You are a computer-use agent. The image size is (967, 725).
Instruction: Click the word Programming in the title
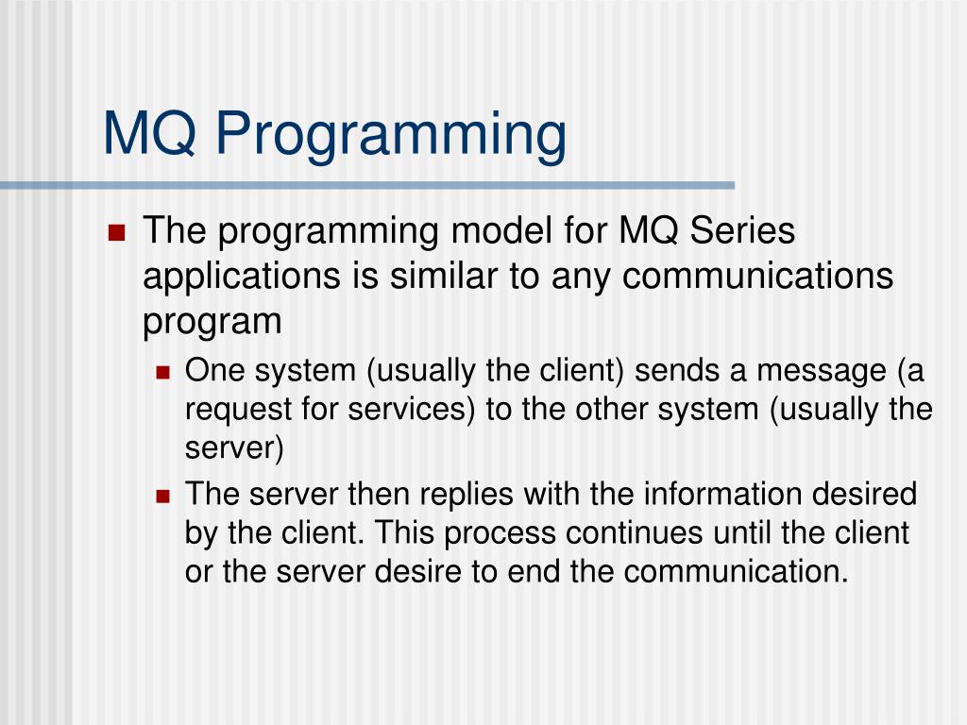point(390,135)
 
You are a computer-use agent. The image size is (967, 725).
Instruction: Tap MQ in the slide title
point(150,133)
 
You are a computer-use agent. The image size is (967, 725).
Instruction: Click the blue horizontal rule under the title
point(367,185)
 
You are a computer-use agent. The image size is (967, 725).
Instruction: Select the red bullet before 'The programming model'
point(116,232)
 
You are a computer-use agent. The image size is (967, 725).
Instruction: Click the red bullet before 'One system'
point(162,372)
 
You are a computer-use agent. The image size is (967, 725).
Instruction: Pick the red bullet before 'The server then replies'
point(162,496)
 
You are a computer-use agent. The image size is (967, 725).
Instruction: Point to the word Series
point(742,230)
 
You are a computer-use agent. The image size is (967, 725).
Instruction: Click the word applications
point(242,277)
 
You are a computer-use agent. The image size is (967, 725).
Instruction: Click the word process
point(500,534)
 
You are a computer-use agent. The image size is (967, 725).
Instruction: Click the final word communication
point(737,571)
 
